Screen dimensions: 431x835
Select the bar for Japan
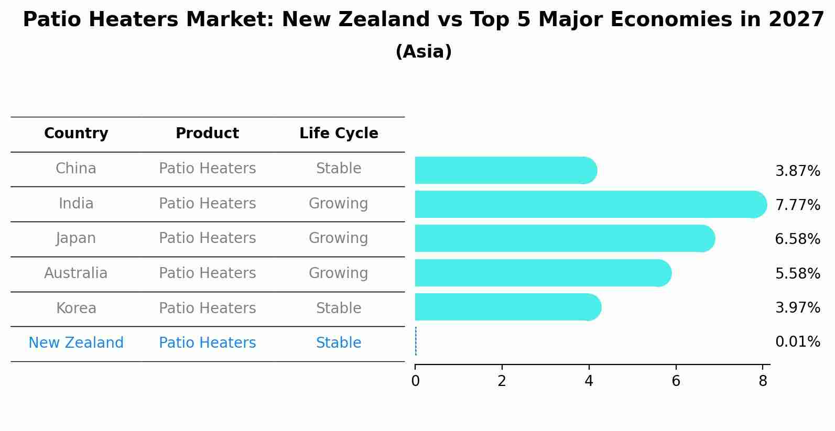point(563,238)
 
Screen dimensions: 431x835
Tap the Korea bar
point(506,307)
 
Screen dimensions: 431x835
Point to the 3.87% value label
point(797,171)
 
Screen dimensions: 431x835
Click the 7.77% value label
point(797,205)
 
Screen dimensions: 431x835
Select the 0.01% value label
point(797,342)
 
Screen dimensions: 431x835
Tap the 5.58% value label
point(797,273)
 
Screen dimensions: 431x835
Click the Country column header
point(76,134)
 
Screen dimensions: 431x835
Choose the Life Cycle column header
point(339,134)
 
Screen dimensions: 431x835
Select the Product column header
point(207,134)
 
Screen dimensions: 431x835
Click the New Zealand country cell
point(76,343)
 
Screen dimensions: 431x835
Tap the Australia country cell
point(76,273)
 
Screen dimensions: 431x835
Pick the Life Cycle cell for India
point(339,203)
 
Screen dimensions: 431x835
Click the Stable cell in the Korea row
point(339,308)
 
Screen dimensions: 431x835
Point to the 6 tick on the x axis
point(676,381)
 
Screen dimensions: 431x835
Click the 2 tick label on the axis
point(502,381)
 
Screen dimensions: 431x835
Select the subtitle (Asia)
point(424,52)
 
